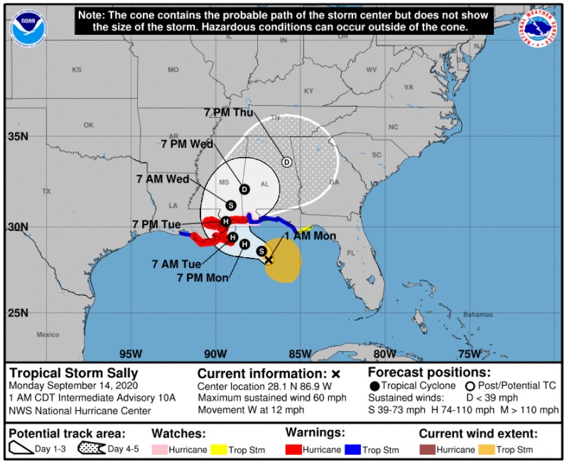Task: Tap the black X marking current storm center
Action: [x=269, y=260]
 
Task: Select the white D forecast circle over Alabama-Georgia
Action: [x=287, y=162]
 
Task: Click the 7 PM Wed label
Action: [x=188, y=144]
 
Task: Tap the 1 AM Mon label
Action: [x=309, y=236]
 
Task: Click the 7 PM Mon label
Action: [x=202, y=277]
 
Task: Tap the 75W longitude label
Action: [x=469, y=354]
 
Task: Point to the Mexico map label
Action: [x=48, y=334]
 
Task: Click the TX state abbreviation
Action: [x=47, y=191]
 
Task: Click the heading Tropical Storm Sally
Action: [x=74, y=373]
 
